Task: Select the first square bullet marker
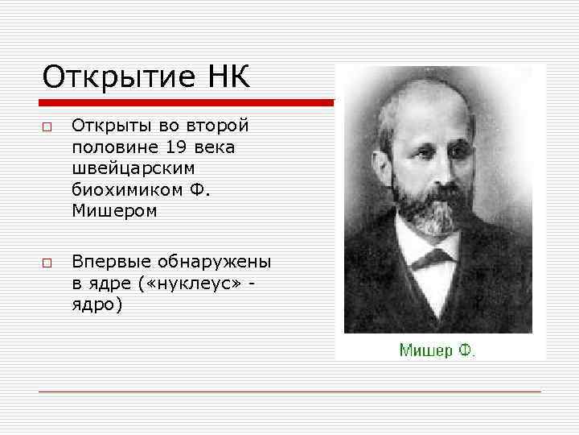48,127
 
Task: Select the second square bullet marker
48,263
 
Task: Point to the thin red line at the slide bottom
289,391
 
